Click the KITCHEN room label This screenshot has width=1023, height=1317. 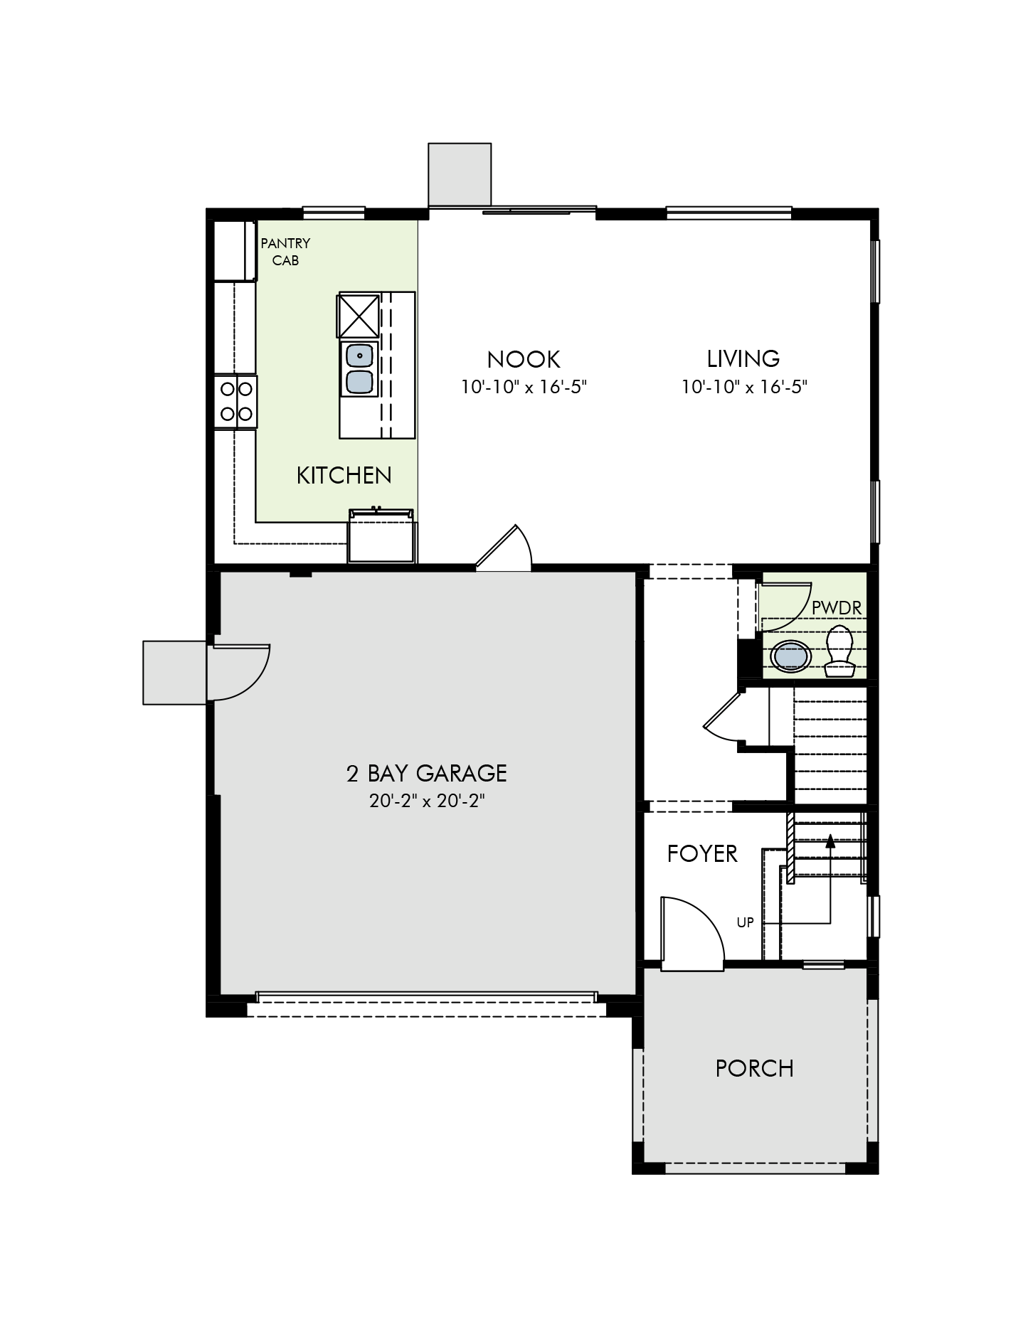pos(344,475)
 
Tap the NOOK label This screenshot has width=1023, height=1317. pos(524,358)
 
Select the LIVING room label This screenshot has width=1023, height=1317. pos(743,358)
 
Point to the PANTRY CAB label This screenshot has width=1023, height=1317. pos(285,252)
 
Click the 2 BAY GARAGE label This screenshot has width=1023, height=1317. pos(427,773)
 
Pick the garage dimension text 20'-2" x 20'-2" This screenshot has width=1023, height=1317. pos(427,801)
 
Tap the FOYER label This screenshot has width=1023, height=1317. pos(702,853)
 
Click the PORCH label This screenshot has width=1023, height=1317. pos(755,1068)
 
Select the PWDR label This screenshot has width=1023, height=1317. pos(837,608)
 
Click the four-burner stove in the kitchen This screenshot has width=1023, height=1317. pos(235,402)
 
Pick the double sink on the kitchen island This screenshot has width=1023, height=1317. pos(359,368)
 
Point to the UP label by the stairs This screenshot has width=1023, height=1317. pos(745,923)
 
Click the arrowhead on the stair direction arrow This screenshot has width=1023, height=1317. pos(829,842)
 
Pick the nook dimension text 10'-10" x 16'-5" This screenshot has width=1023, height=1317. pos(524,388)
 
